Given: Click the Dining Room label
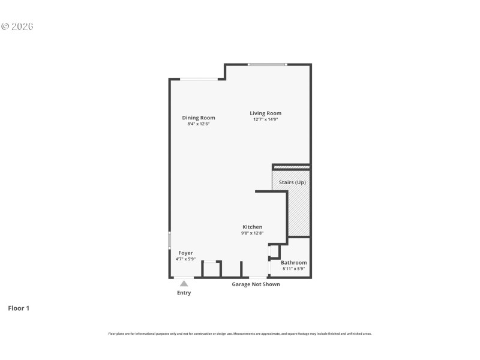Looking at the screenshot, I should point(199,118).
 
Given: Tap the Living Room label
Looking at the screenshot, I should point(265,113).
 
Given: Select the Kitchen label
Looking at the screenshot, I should point(252,227).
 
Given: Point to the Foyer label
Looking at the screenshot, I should point(185,253).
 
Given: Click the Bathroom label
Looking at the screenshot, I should point(293,262).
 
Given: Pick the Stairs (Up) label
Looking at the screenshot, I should point(291,182).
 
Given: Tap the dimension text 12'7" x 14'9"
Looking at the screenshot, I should point(265,119).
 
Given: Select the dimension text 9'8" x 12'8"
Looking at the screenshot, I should point(253,233).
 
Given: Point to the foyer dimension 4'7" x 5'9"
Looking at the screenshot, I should point(185,259).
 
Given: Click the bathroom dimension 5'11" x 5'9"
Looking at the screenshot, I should point(293,269).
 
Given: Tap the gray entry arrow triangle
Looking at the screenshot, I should point(184,283).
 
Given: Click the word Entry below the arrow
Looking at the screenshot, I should point(184,293).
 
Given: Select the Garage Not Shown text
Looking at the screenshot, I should point(256,284).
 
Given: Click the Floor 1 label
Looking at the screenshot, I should point(18,308).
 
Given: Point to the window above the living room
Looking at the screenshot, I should point(268,64).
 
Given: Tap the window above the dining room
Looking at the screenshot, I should point(199,79).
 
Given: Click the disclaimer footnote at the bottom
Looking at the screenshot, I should point(240,334).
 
